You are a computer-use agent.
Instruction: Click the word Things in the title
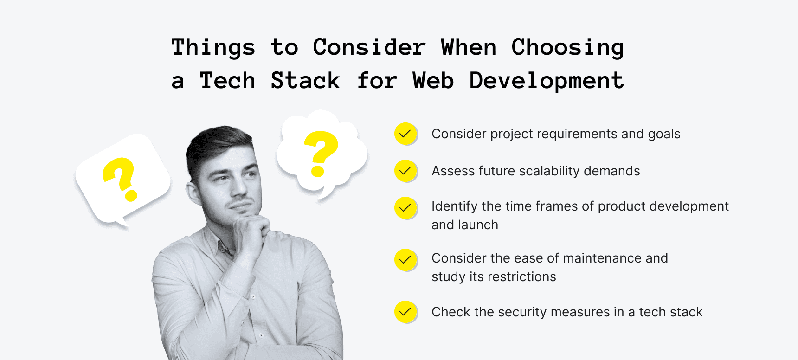tap(213, 48)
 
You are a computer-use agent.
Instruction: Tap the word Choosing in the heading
tap(567, 48)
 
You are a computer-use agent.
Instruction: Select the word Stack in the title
tap(305, 81)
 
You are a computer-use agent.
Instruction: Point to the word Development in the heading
tap(547, 81)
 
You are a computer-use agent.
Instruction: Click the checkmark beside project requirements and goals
tap(405, 134)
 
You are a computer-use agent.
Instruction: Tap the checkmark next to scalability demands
tap(405, 171)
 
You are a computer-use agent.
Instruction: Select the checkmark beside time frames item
tap(405, 208)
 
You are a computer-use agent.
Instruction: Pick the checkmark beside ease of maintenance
tap(405, 260)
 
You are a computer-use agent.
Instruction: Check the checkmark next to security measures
tap(405, 312)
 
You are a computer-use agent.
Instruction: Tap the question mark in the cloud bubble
tap(321, 153)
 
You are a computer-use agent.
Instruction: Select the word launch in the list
tap(478, 225)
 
